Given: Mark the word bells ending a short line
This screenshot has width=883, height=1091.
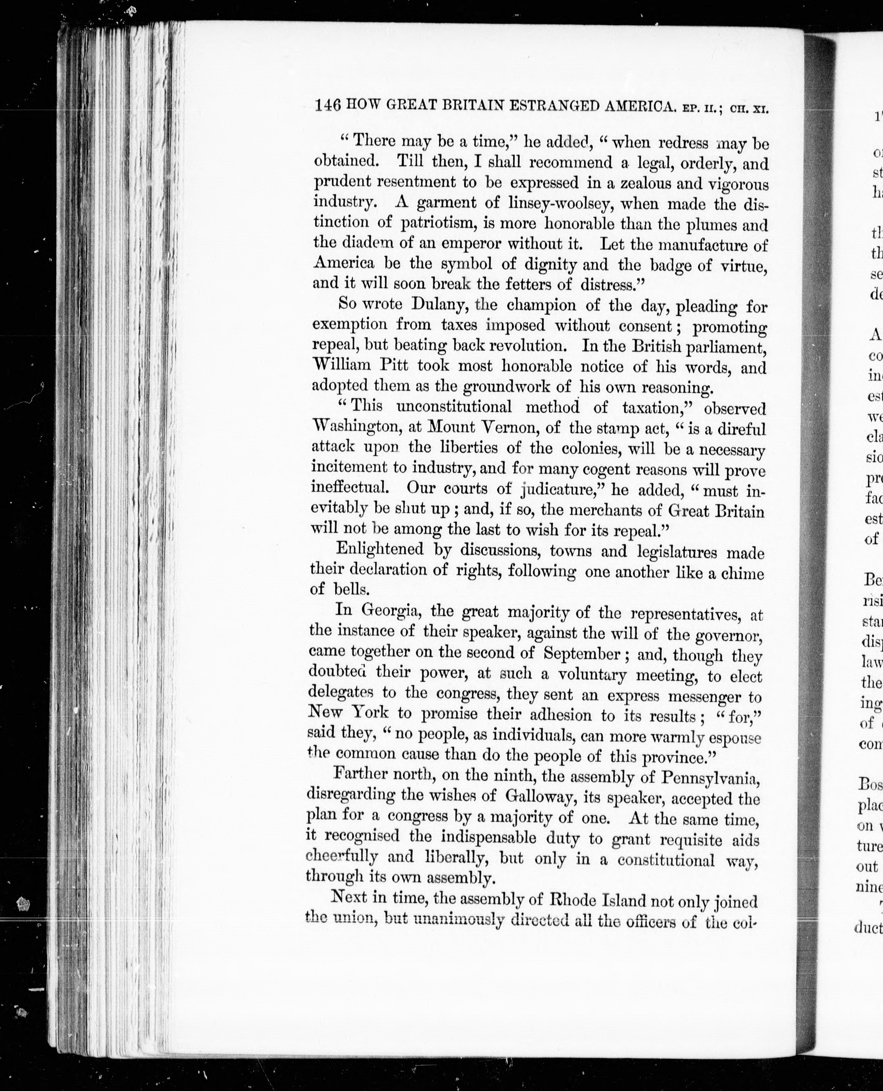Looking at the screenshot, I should pyautogui.click(x=351, y=589).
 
